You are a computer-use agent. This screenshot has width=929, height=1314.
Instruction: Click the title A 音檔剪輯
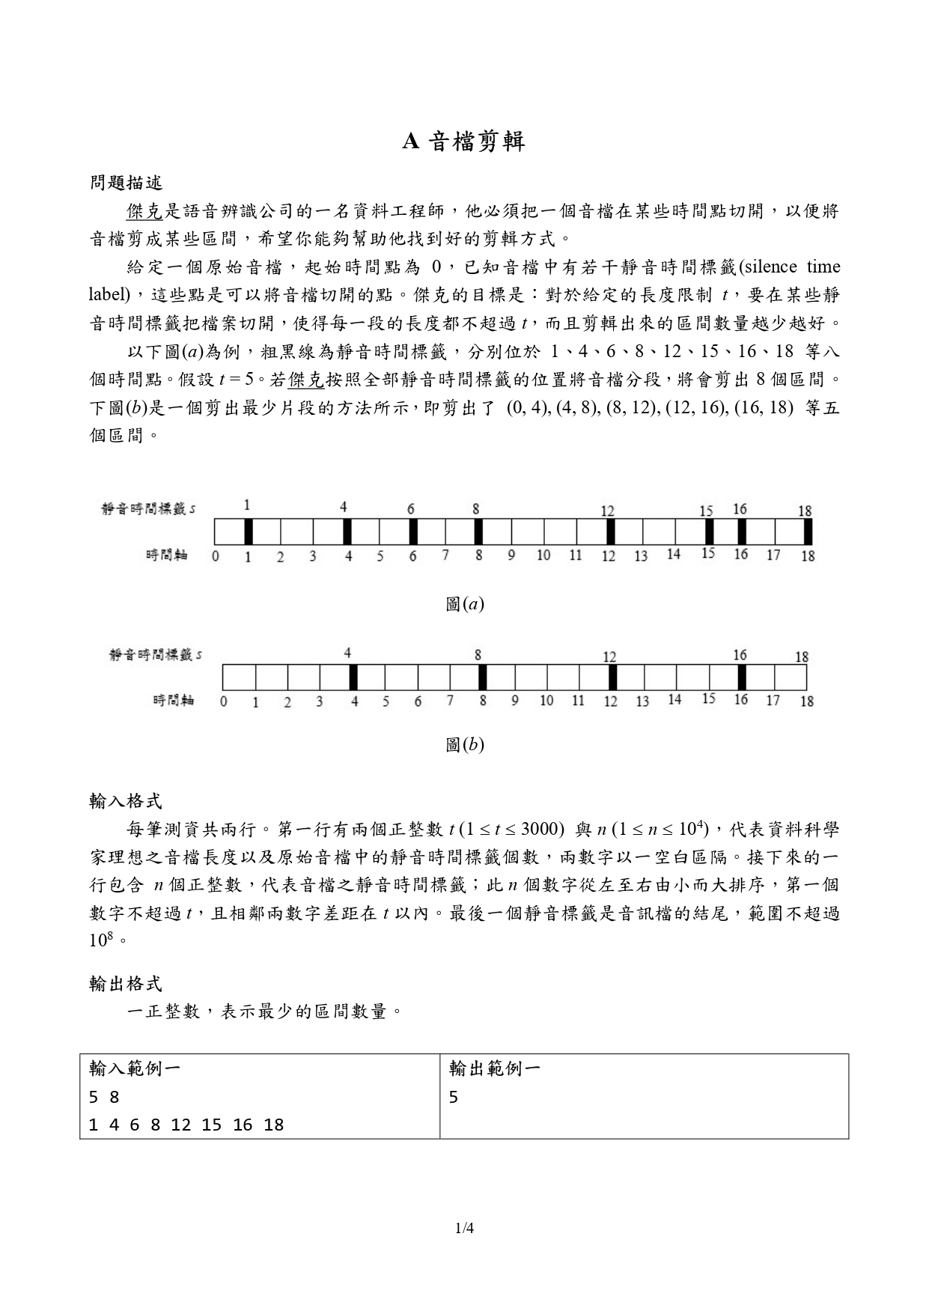(463, 142)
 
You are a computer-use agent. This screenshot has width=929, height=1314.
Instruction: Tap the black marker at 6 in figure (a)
(412, 532)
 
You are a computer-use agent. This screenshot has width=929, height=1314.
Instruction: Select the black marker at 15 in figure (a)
(708, 532)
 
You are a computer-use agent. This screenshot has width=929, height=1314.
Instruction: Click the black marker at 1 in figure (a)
(249, 532)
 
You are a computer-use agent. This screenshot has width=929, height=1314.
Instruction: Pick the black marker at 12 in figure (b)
(612, 677)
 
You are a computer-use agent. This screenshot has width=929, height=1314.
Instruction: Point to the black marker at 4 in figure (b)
(353, 677)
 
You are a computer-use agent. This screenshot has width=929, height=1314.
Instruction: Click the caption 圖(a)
(464, 603)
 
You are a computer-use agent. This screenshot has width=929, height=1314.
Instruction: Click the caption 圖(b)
(464, 744)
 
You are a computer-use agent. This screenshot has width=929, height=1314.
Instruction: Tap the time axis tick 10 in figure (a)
(543, 556)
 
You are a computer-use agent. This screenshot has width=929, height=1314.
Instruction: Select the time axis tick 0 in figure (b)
(223, 702)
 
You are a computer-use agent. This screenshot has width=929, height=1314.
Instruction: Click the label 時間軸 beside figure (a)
(166, 555)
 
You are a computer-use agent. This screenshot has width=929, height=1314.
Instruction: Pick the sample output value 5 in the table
(454, 1098)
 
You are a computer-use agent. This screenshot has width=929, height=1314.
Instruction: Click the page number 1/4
(464, 1228)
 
